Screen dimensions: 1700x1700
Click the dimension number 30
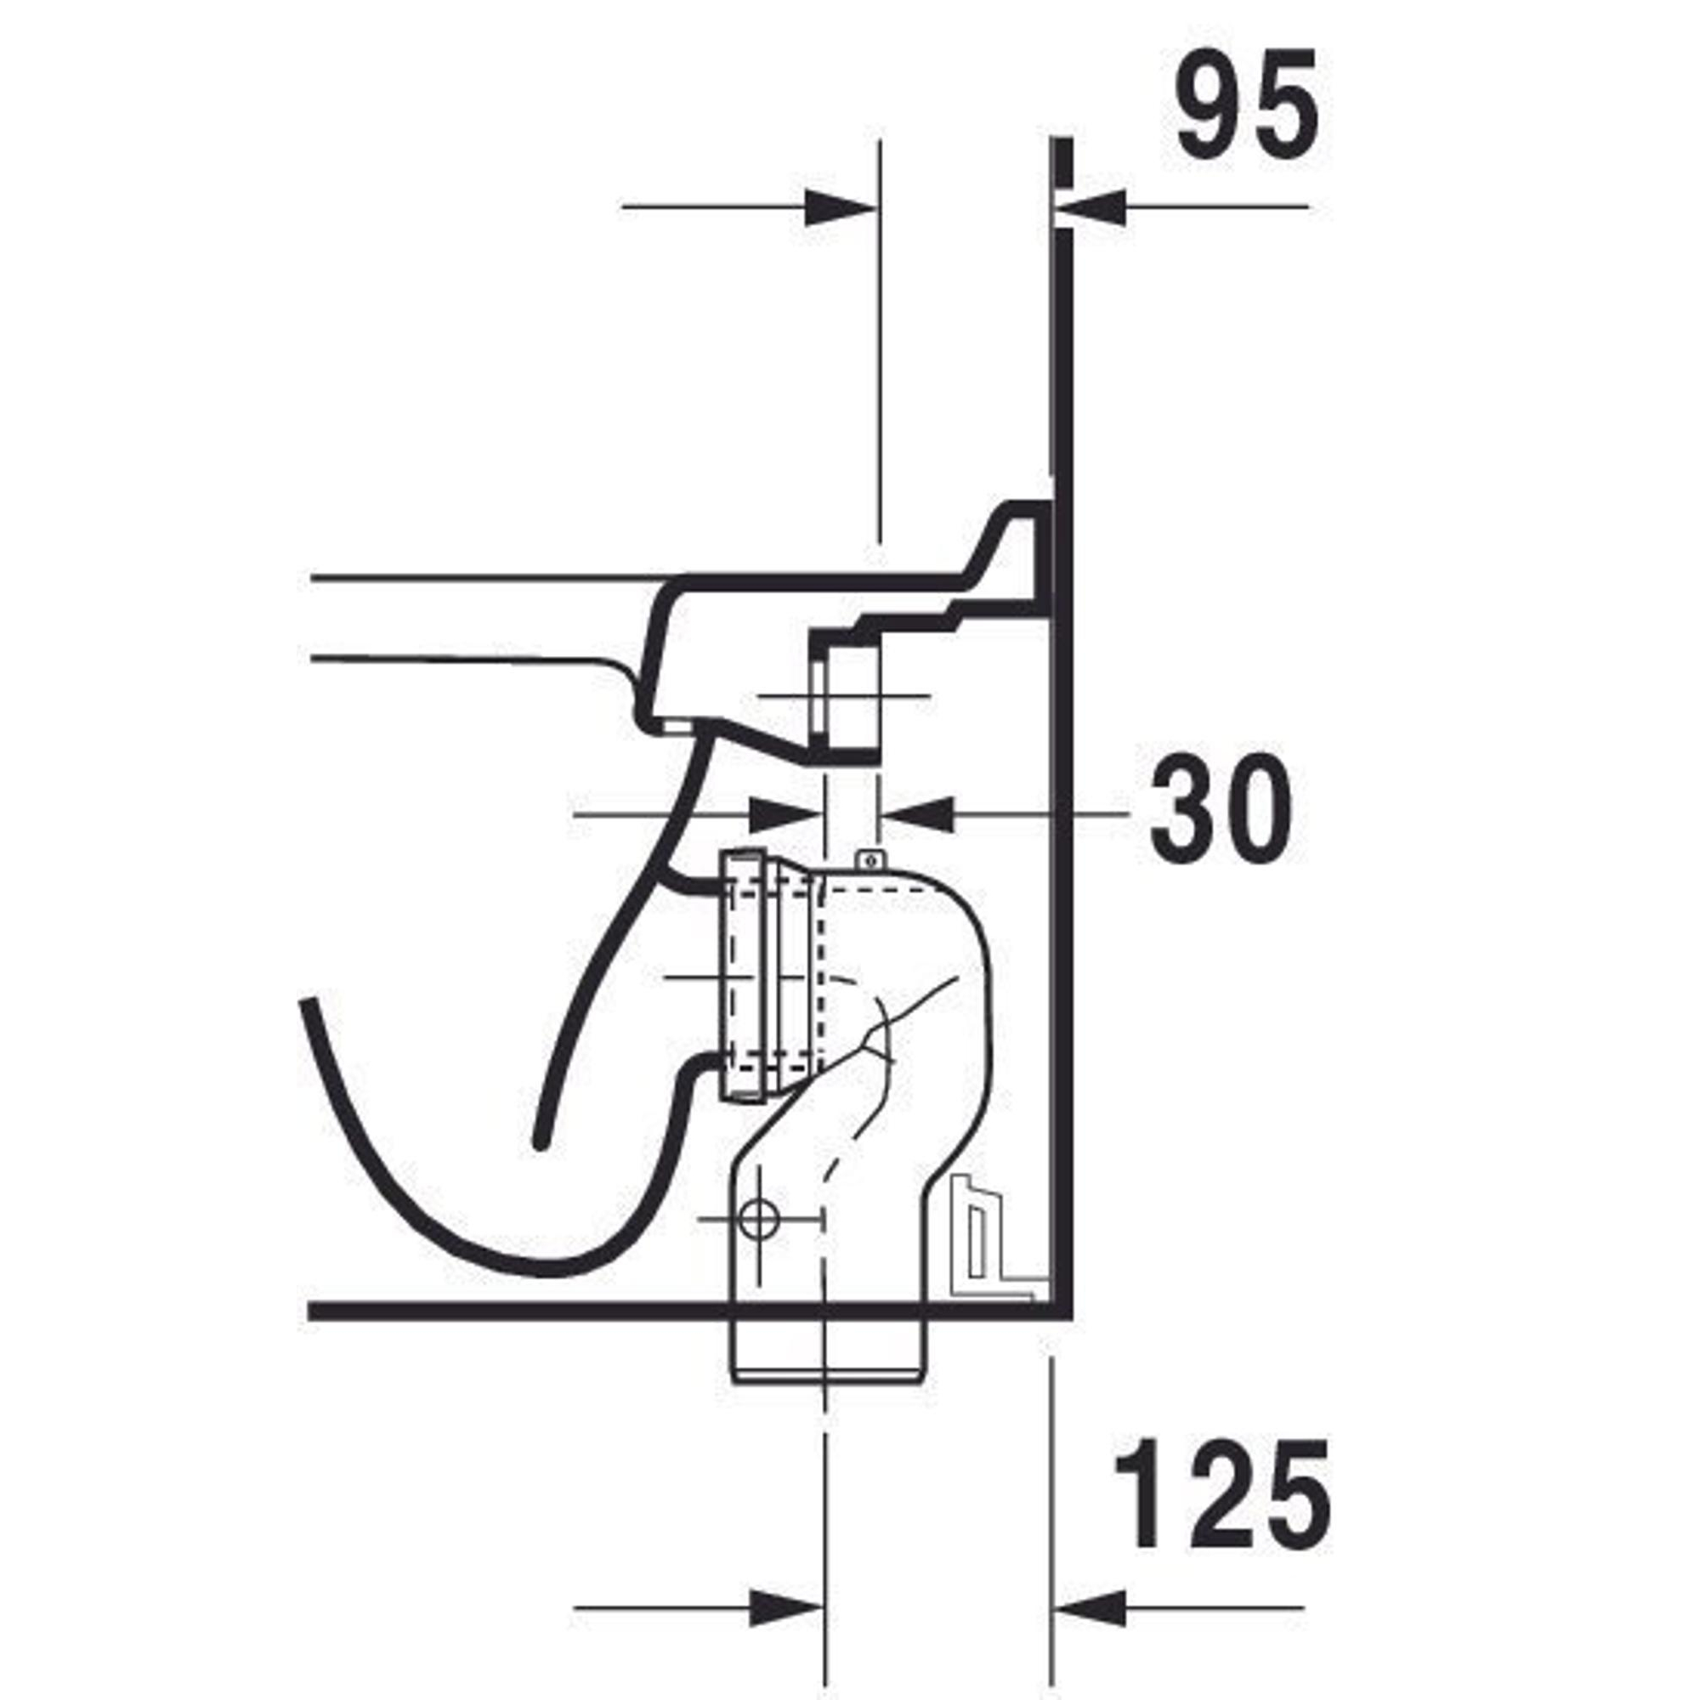pos(1221,807)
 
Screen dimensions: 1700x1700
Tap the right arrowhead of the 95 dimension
pos(1091,207)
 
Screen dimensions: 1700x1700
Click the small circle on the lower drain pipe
pos(758,1220)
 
